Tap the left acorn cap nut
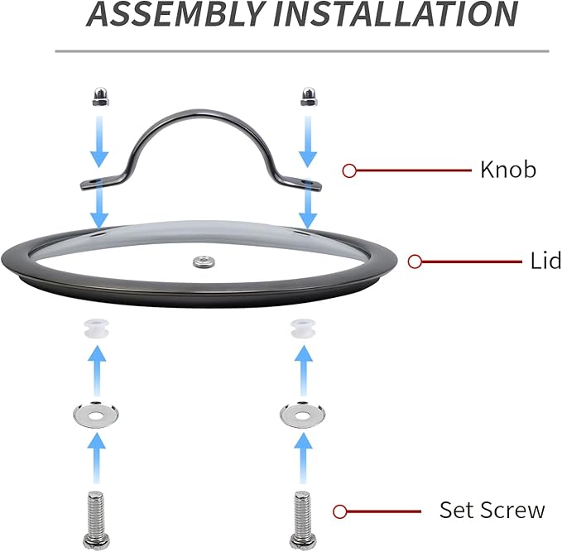pyautogui.click(x=101, y=97)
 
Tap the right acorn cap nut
pyautogui.click(x=308, y=97)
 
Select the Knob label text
pyautogui.click(x=508, y=170)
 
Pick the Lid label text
pyautogui.click(x=545, y=261)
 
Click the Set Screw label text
pyautogui.click(x=492, y=510)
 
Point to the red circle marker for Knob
pyautogui.click(x=349, y=171)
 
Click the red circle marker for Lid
pyautogui.click(x=415, y=262)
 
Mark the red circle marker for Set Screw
pyautogui.click(x=340, y=511)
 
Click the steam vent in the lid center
pyautogui.click(x=204, y=262)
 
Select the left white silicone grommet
pyautogui.click(x=96, y=329)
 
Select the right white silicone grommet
pyautogui.click(x=303, y=329)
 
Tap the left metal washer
pyautogui.click(x=96, y=415)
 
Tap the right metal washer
pyautogui.click(x=303, y=415)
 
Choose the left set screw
pyautogui.click(x=95, y=521)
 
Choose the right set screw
pyautogui.click(x=302, y=521)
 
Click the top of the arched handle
pyautogui.click(x=200, y=112)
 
